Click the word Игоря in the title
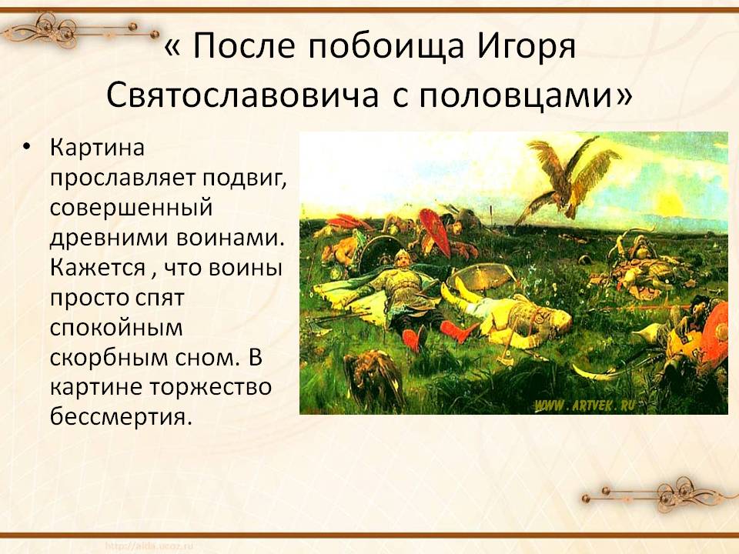[527, 47]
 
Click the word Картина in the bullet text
[97, 147]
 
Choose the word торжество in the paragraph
[211, 387]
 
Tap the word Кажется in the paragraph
[98, 268]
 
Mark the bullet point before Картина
[26, 148]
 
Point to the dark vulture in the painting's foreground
[374, 379]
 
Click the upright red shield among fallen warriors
[435, 230]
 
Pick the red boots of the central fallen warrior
[433, 333]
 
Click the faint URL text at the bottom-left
[149, 546]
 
